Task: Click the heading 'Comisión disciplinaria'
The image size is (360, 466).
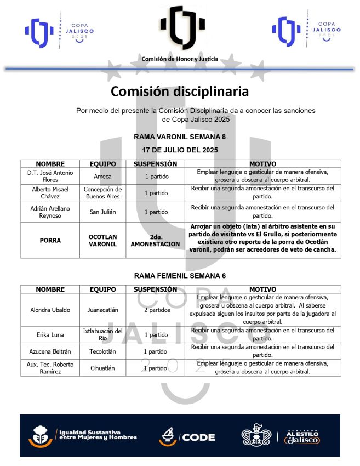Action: coord(180,91)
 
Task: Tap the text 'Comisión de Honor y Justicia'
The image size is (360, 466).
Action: coord(180,59)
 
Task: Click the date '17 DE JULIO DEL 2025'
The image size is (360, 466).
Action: coord(180,150)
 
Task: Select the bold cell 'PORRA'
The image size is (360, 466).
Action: coord(50,240)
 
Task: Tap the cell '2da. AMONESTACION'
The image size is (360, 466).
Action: coord(156,240)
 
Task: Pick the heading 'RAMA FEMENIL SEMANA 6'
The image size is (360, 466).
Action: coord(180,276)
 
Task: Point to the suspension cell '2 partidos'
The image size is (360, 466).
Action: coord(156,310)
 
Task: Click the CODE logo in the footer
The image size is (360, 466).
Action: coord(187,436)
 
